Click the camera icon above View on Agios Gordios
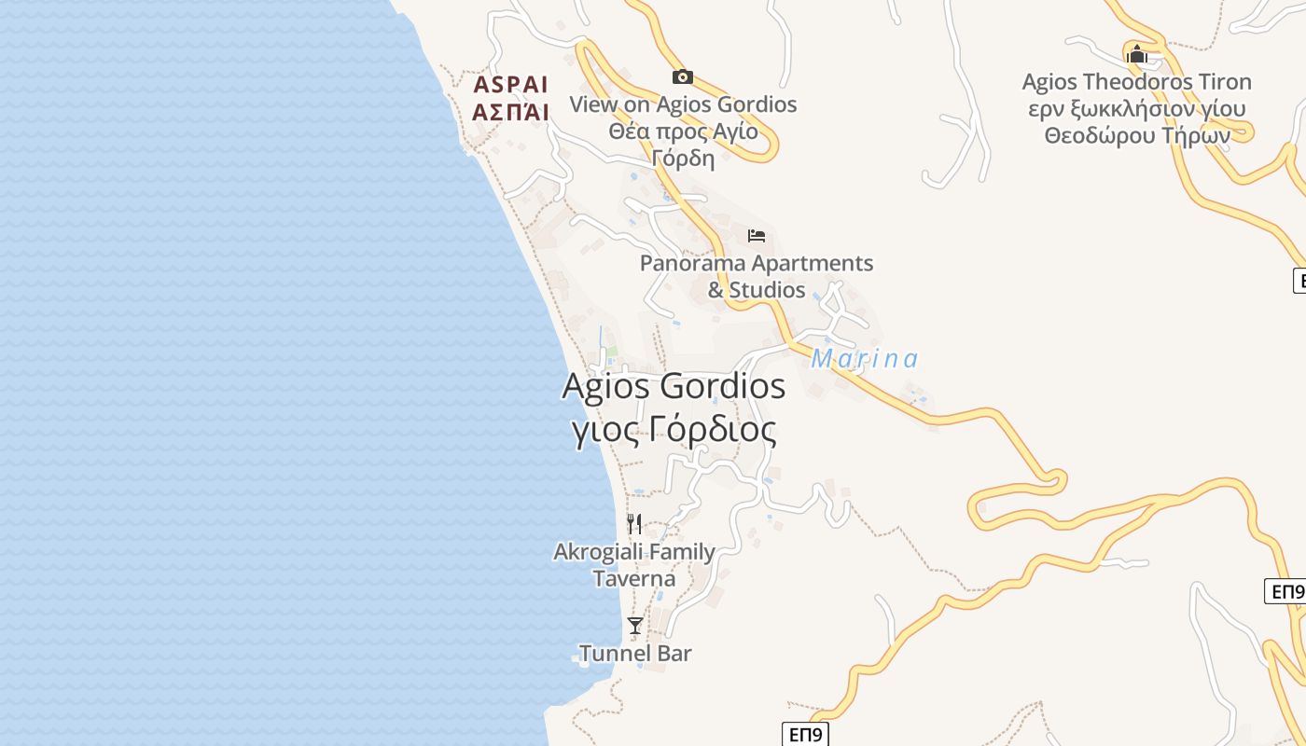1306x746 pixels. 683,76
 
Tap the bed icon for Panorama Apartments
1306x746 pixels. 757,235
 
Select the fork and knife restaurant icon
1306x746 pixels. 634,523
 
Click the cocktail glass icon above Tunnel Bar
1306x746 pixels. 635,625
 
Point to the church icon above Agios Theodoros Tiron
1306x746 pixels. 1136,55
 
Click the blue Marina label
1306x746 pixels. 865,359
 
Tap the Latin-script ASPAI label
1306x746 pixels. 510,85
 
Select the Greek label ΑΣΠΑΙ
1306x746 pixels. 510,113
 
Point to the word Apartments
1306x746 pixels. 812,264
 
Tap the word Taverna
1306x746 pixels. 634,579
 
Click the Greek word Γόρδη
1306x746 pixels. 683,158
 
